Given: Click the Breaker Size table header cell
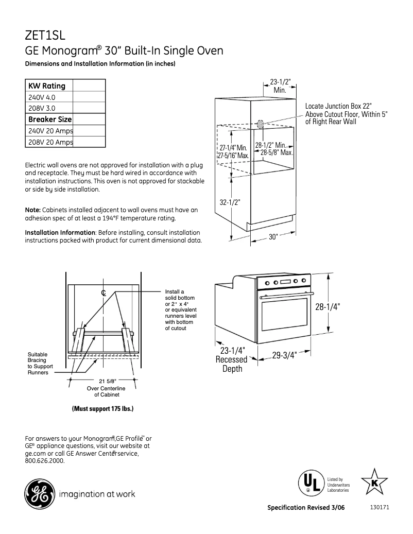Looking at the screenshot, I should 49,119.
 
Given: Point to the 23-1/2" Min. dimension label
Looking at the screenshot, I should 280,86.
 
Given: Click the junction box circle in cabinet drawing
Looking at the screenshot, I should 261,124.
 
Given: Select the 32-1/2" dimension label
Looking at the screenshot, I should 230,202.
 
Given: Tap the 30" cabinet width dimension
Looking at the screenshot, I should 273,237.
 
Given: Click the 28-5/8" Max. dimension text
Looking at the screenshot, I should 277,153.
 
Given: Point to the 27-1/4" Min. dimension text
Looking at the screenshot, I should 233,148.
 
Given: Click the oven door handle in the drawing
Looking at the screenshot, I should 286,296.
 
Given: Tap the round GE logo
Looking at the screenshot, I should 39,494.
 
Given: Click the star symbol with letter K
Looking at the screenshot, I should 374,483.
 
